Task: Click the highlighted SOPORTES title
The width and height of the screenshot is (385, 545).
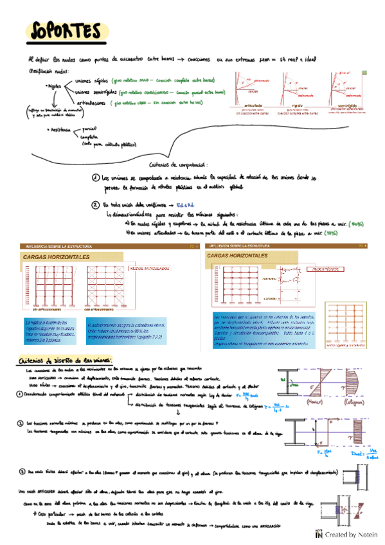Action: tap(64, 31)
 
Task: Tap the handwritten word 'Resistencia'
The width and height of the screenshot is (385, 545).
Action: tap(60, 130)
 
